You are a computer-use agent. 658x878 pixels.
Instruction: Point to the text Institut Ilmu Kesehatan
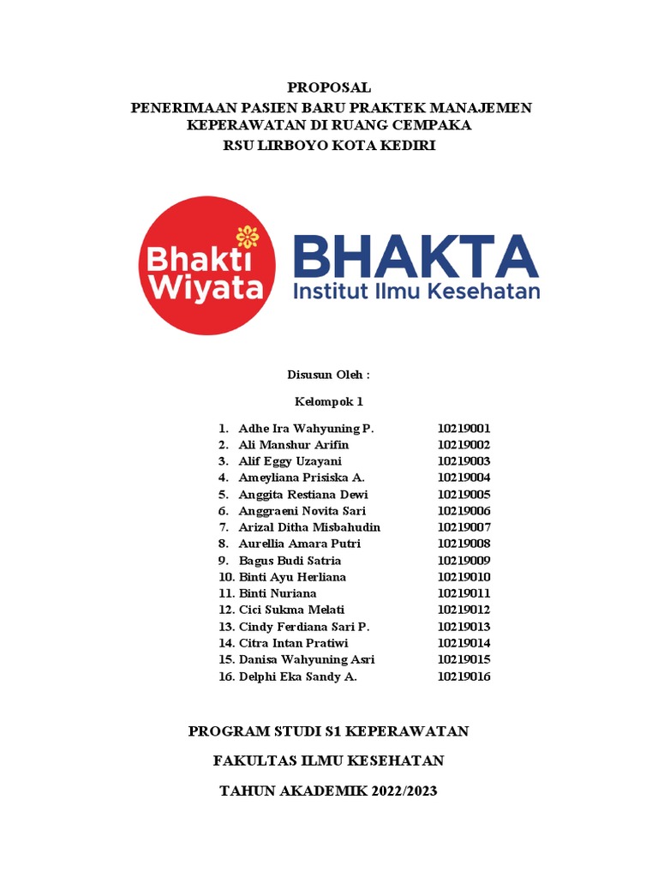pyautogui.click(x=416, y=292)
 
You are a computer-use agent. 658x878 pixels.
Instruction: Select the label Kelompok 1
pyautogui.click(x=329, y=401)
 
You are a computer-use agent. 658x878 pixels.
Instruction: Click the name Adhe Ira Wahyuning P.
pyautogui.click(x=306, y=429)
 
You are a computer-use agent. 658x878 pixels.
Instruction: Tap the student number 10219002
pyautogui.click(x=464, y=445)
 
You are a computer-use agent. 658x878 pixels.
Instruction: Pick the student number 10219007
pyautogui.click(x=464, y=527)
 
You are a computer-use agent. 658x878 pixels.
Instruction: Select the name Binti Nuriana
pyautogui.click(x=277, y=593)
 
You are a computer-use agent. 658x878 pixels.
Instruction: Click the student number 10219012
pyautogui.click(x=464, y=610)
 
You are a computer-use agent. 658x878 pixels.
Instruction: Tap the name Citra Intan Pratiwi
pyautogui.click(x=293, y=643)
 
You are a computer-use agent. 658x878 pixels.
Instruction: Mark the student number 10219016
pyautogui.click(x=464, y=677)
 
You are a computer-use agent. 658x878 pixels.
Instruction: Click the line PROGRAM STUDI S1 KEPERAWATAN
pyautogui.click(x=329, y=731)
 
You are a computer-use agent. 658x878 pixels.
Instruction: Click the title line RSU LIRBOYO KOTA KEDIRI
pyautogui.click(x=329, y=146)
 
